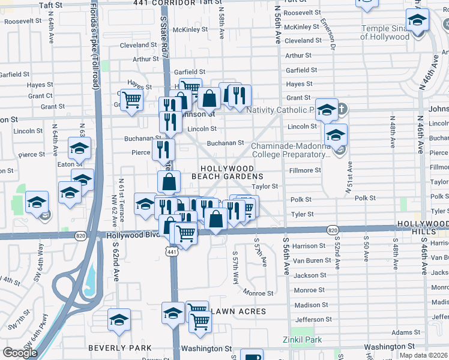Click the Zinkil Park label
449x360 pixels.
coord(303,340)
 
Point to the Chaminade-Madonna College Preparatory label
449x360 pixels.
coord(291,150)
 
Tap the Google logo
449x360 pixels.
coord(20,353)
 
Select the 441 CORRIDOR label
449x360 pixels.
coord(157,3)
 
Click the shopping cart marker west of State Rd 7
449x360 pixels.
coord(131,98)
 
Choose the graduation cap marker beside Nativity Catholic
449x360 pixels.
coord(327,109)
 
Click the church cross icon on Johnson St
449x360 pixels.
coord(342,109)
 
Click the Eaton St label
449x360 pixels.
coord(70,164)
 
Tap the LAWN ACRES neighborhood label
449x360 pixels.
coord(237,311)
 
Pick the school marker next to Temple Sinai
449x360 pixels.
coord(416,20)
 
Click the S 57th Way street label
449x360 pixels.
coord(235,264)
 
